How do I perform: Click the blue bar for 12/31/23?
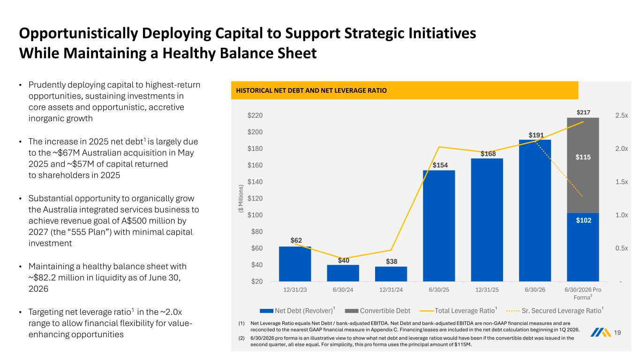(x=295, y=264)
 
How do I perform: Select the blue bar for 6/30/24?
(x=343, y=273)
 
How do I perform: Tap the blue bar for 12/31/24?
(x=391, y=274)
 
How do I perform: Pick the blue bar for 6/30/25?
(x=439, y=226)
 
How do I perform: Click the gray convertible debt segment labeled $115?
(x=583, y=165)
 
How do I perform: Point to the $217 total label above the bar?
(x=583, y=112)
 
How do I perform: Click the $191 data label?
(x=536, y=135)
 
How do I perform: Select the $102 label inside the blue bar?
(x=583, y=220)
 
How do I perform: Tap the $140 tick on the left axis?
(x=255, y=182)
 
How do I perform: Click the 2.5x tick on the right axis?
(x=621, y=115)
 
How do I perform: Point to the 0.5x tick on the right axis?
(x=621, y=248)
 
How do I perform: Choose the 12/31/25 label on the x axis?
(x=487, y=290)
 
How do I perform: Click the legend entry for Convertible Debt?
(x=377, y=311)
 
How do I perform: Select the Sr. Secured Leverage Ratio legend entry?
(x=555, y=311)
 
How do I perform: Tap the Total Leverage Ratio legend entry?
(x=459, y=311)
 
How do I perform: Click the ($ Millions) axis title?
(x=241, y=198)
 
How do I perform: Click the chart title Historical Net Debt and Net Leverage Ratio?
(x=311, y=90)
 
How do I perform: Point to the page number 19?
(x=617, y=332)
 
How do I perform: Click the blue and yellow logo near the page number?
(x=601, y=332)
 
